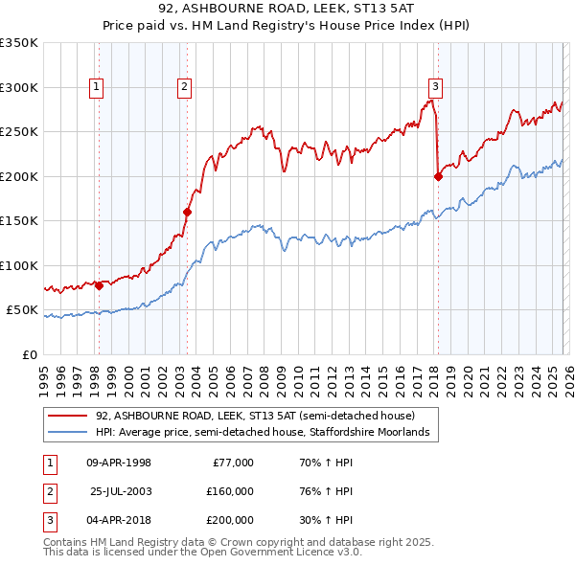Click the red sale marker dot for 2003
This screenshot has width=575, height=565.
coord(188,213)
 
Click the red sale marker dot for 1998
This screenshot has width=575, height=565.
coord(99,285)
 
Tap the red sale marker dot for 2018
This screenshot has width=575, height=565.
coord(438,176)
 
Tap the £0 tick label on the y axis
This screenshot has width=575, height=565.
coord(29,354)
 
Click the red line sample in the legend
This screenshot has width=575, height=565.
coord(67,417)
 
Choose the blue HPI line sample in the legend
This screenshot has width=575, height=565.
coord(67,433)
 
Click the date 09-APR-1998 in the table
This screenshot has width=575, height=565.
coord(119,463)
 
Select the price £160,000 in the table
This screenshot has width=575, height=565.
coord(230,491)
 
